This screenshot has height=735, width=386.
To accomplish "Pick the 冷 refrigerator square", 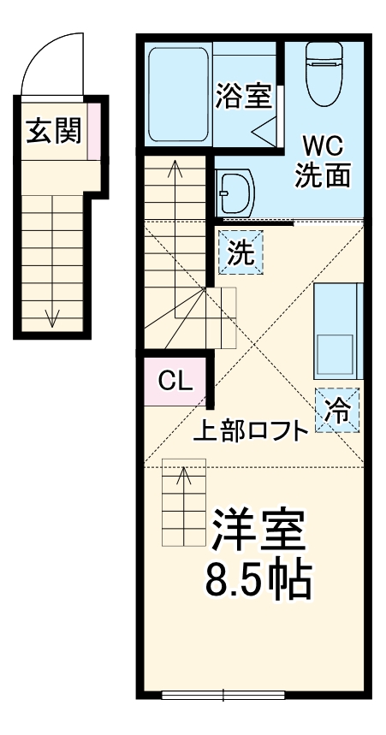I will coord(338,410).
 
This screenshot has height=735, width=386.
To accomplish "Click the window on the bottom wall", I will coord(223,694).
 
